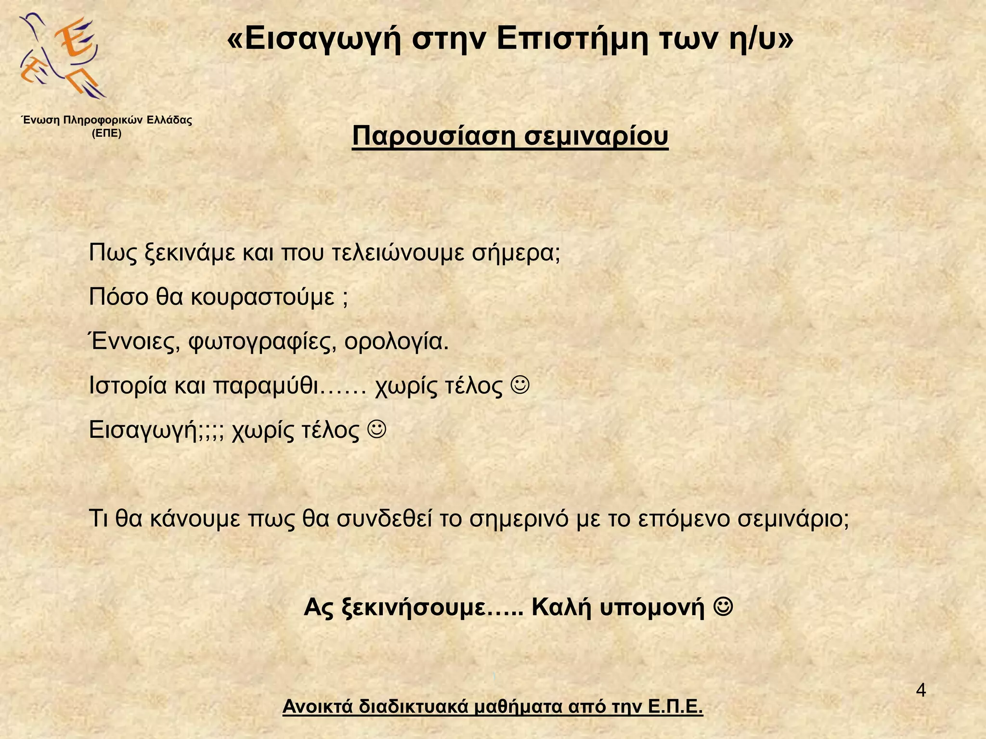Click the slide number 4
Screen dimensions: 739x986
tap(920, 691)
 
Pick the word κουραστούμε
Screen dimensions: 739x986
tap(262, 297)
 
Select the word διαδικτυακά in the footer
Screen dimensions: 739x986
tap(414, 707)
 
